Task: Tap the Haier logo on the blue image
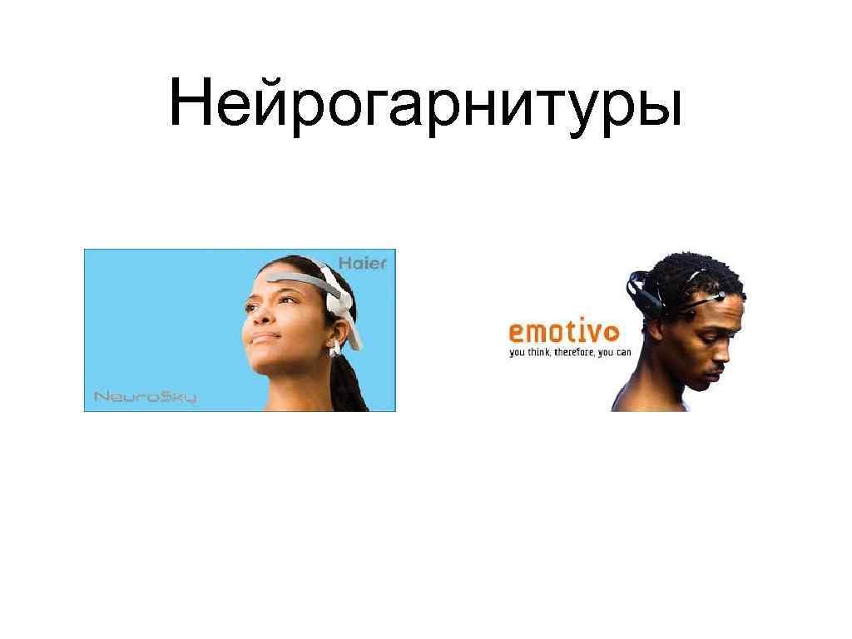click(x=363, y=263)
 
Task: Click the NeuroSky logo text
click(x=145, y=397)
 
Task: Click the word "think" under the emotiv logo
click(x=537, y=353)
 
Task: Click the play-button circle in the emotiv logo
click(x=612, y=333)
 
